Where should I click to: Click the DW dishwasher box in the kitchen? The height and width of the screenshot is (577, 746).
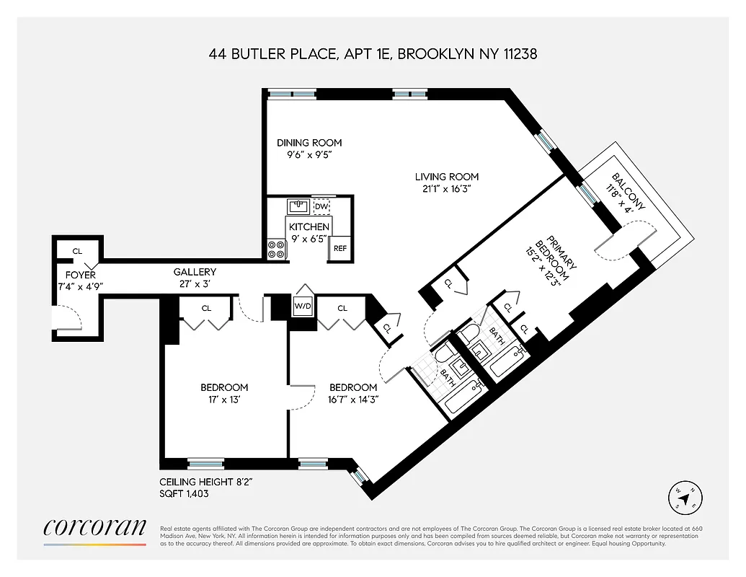(321, 206)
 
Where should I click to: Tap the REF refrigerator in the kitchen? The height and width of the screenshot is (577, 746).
(339, 248)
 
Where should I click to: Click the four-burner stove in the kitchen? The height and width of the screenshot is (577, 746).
(276, 250)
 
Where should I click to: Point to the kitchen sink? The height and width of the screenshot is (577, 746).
(298, 207)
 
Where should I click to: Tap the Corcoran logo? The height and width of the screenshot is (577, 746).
(95, 528)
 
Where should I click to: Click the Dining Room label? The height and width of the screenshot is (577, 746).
(309, 143)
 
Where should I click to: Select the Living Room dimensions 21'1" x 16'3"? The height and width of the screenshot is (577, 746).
(446, 189)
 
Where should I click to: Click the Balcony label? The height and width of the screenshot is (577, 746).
(629, 192)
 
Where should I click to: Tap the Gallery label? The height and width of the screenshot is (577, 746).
(195, 272)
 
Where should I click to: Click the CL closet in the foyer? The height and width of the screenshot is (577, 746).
(77, 251)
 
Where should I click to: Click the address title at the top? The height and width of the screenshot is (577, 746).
(373, 54)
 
